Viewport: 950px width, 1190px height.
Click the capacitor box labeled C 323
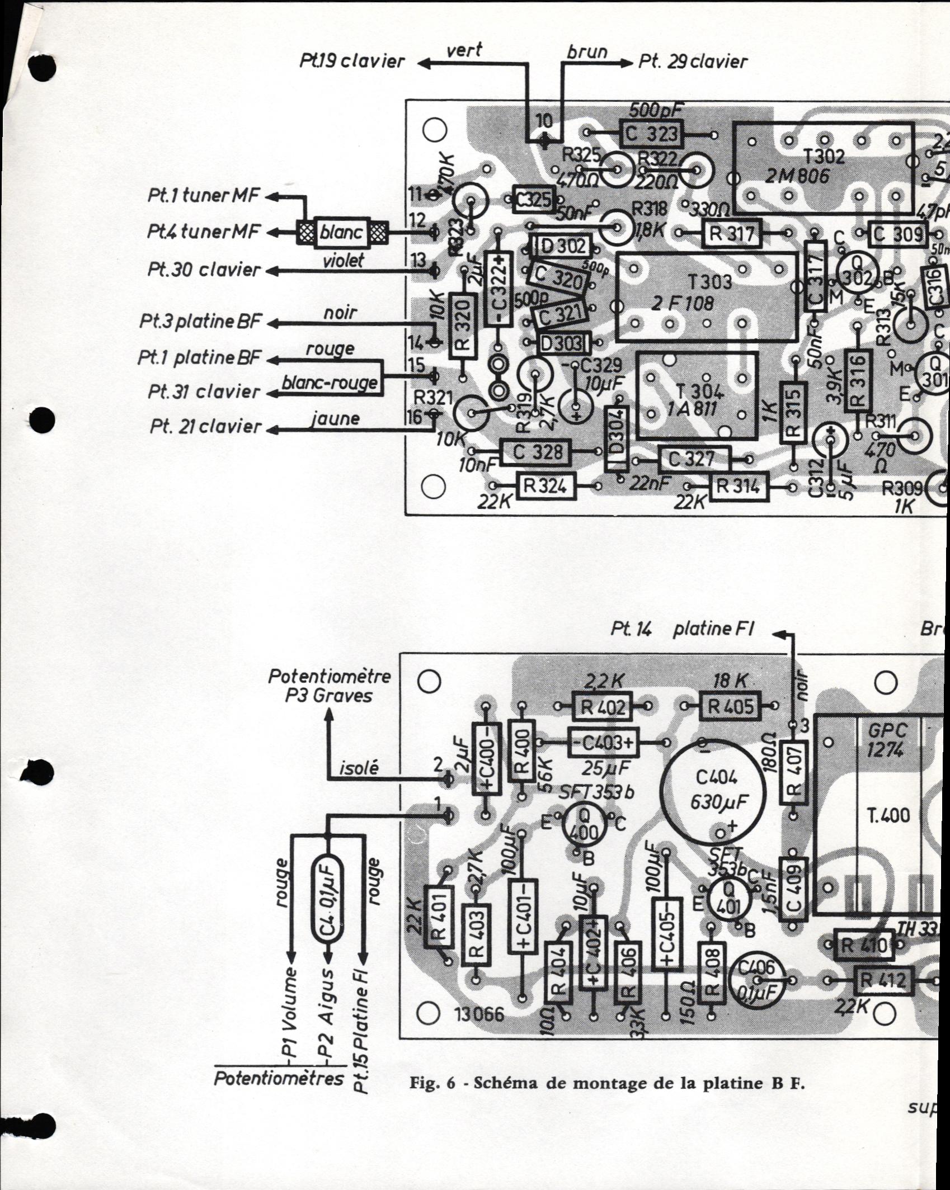coord(651,134)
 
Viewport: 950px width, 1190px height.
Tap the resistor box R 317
coord(731,233)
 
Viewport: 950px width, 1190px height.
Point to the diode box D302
coord(562,246)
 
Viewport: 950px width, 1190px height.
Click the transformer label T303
coord(708,280)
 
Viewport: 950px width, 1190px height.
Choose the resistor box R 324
coord(545,486)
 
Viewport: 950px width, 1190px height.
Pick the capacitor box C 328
coord(536,452)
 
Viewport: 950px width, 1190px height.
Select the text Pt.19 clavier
coord(351,61)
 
